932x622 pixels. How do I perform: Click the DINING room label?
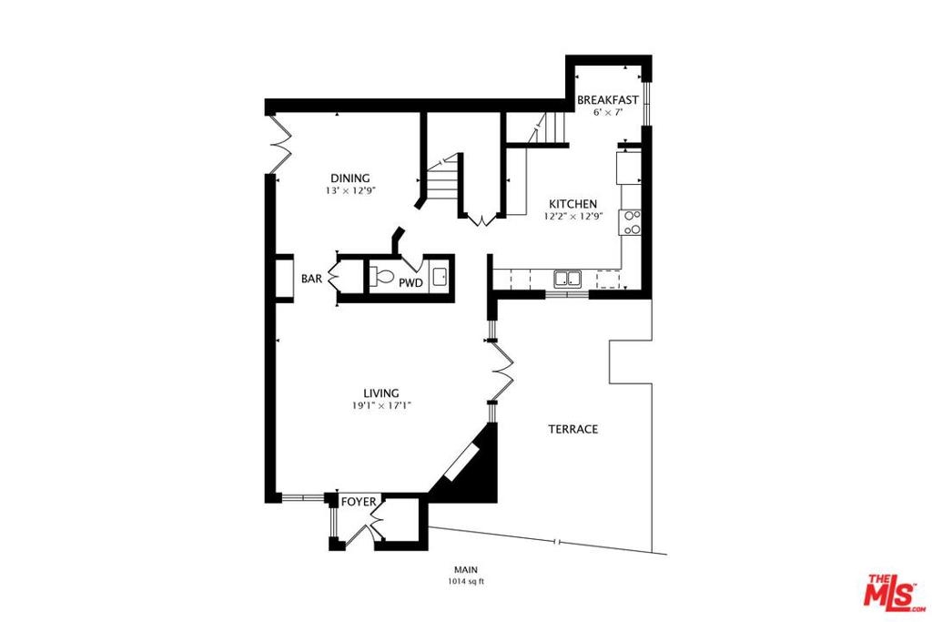coord(350,178)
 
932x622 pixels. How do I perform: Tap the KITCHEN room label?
coord(573,204)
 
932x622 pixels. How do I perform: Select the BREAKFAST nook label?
coord(608,100)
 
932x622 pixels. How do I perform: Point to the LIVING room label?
coord(381,393)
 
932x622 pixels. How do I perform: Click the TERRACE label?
coord(573,429)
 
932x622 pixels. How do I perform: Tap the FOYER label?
coord(359,502)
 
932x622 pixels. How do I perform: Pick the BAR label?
coord(311,279)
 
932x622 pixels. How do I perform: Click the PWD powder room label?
coord(410,283)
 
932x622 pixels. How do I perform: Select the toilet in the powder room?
coord(381,277)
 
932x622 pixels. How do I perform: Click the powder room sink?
coord(441,277)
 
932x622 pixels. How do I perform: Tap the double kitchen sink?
coord(568,279)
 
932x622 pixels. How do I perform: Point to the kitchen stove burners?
coord(631,222)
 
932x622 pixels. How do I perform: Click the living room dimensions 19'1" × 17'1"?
coord(381,406)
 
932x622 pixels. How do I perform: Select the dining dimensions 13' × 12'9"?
coord(350,191)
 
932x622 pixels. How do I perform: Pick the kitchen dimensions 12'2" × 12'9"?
coord(573,217)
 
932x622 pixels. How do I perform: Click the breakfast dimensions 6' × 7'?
coord(608,112)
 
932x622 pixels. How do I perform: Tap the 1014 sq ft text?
coord(466,582)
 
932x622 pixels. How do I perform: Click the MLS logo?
coord(892,590)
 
